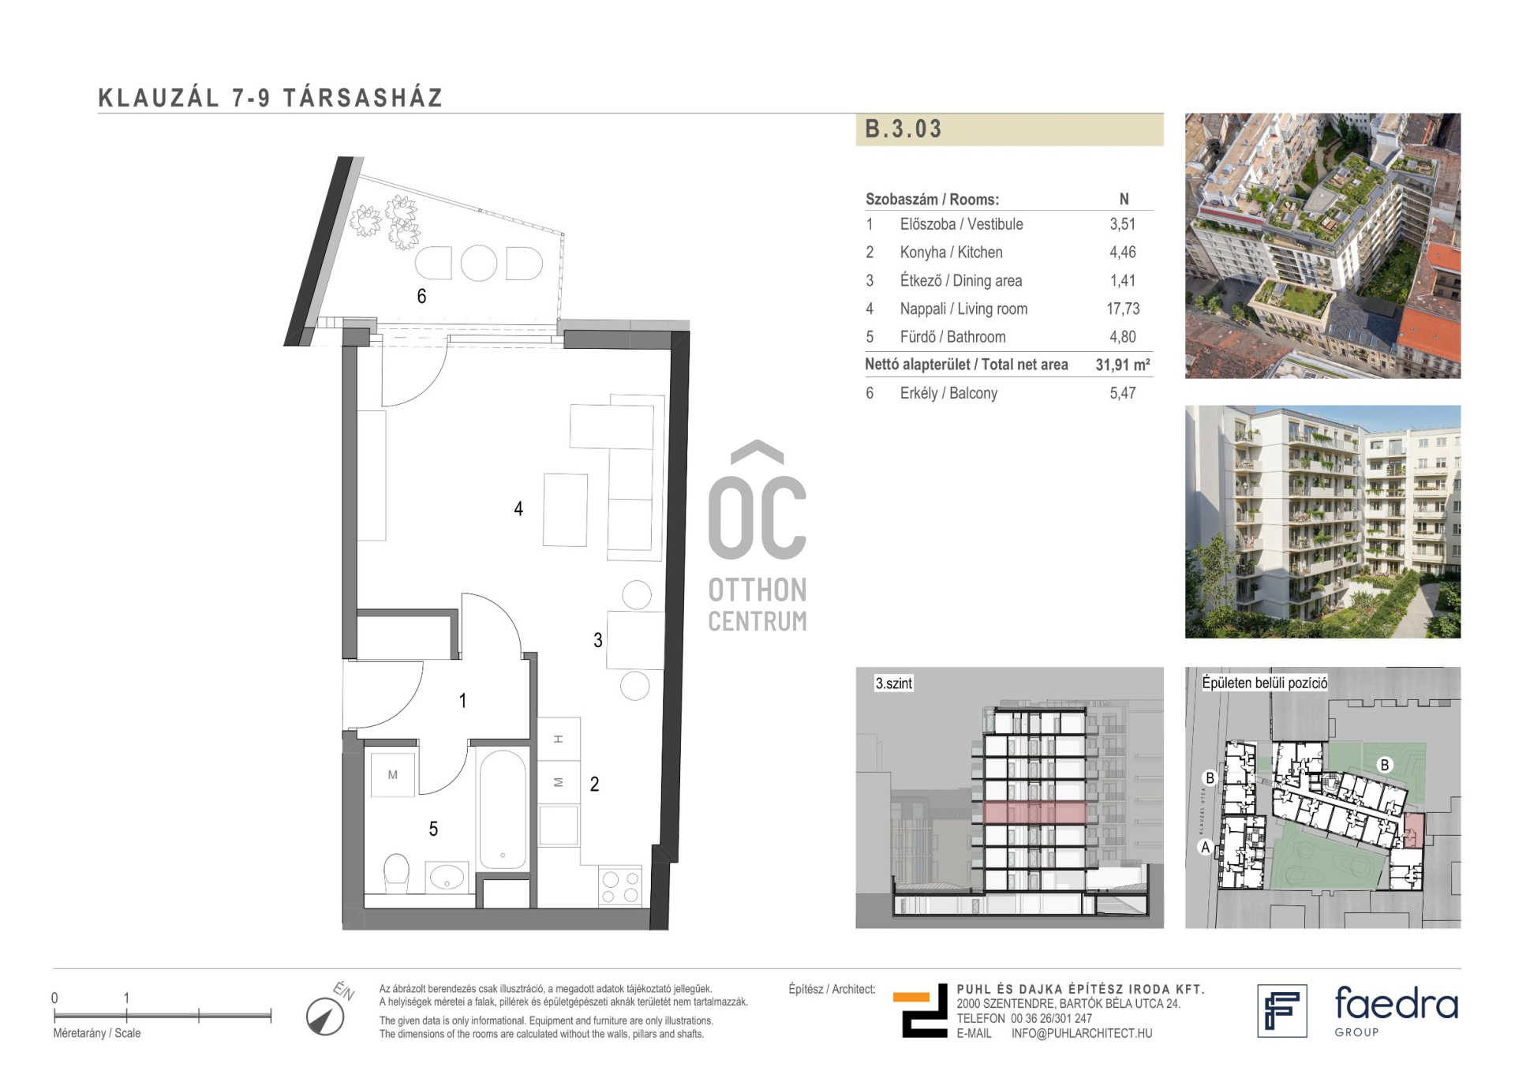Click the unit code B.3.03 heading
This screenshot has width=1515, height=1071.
[903, 129]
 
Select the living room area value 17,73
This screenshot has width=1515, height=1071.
[1123, 309]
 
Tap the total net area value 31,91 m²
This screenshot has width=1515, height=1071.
[1123, 365]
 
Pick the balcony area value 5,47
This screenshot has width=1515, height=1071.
[1123, 393]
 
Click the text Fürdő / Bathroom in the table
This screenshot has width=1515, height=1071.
[952, 337]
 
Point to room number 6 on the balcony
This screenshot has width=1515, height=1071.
[421, 296]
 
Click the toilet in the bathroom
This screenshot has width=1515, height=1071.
[396, 873]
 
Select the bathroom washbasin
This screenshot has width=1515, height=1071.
[447, 876]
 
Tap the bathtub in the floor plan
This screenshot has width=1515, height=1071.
[503, 809]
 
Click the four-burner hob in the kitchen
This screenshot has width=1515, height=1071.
[620, 886]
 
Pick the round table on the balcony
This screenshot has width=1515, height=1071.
[479, 264]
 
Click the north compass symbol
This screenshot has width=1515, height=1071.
[325, 1016]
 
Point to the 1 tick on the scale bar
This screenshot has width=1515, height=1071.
[126, 1015]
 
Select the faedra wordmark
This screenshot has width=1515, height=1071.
[1396, 1003]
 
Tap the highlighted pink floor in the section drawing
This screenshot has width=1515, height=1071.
[1034, 813]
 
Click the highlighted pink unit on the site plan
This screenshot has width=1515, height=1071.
[1412, 830]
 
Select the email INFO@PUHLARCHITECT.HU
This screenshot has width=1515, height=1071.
[1082, 1033]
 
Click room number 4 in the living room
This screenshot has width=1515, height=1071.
[518, 509]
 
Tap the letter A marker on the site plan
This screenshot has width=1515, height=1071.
[1205, 848]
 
